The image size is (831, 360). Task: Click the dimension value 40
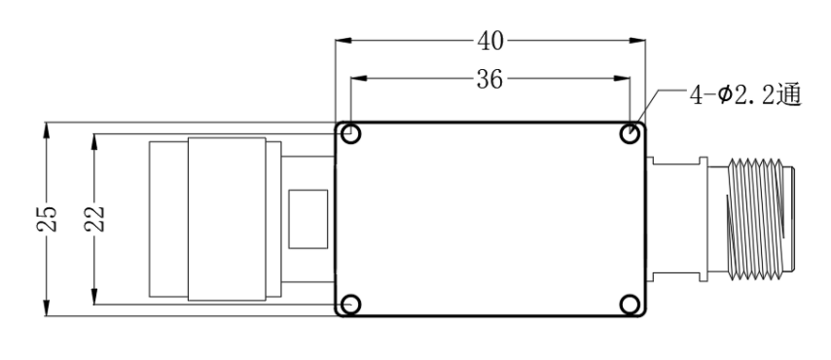(490, 41)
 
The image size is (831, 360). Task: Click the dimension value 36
(489, 80)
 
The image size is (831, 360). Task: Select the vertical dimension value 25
(47, 218)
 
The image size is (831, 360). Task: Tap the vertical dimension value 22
(94, 218)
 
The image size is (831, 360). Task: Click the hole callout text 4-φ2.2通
(744, 96)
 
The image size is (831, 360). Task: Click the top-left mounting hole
(350, 133)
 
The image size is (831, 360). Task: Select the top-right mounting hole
(630, 133)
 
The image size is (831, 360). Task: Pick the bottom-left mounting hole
(350, 305)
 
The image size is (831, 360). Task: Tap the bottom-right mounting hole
(630, 305)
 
